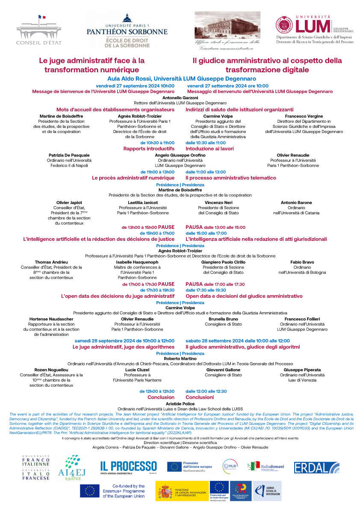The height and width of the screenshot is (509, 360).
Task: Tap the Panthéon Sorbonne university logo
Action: [127, 30]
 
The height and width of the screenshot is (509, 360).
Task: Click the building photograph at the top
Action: [227, 26]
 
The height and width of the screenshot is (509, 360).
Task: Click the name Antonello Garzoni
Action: [180, 98]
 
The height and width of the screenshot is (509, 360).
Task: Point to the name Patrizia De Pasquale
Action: [69, 155]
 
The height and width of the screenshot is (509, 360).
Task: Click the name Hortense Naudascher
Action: [51, 319]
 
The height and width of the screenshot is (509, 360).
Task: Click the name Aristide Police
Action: [180, 403]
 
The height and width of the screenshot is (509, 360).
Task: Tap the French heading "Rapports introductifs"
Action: [149, 149]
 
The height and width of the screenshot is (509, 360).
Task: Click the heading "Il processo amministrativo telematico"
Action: [231, 178]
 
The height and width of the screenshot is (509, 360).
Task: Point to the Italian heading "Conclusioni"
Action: [200, 397]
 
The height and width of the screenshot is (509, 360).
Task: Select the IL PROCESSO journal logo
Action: [128, 467]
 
